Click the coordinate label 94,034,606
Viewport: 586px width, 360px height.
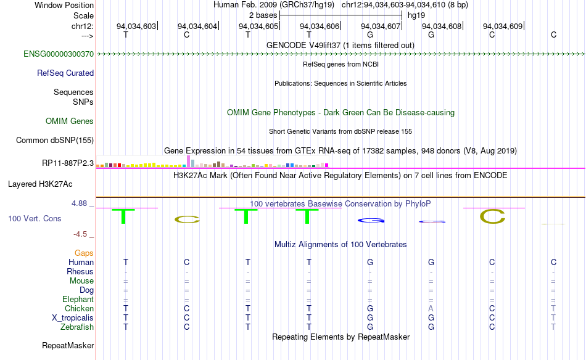click(x=320, y=26)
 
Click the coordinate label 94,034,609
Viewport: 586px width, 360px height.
click(x=503, y=26)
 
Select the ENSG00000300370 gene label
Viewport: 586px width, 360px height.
click(x=59, y=54)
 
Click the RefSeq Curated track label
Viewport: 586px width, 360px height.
click(x=65, y=73)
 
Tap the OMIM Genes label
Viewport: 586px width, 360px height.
click(x=70, y=121)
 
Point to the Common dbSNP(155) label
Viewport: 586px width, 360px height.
click(x=55, y=141)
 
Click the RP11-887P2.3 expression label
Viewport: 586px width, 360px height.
click(x=68, y=163)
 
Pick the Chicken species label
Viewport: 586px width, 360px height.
click(x=79, y=309)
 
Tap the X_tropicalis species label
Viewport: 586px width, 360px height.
click(x=73, y=318)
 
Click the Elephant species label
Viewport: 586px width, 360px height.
click(x=78, y=300)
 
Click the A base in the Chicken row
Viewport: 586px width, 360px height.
click(x=431, y=309)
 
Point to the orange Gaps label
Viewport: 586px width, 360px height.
click(x=84, y=253)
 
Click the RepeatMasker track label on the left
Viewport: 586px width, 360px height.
click(x=68, y=345)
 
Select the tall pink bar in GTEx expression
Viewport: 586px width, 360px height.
click(x=188, y=161)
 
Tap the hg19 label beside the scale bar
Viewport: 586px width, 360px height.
click(x=416, y=15)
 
